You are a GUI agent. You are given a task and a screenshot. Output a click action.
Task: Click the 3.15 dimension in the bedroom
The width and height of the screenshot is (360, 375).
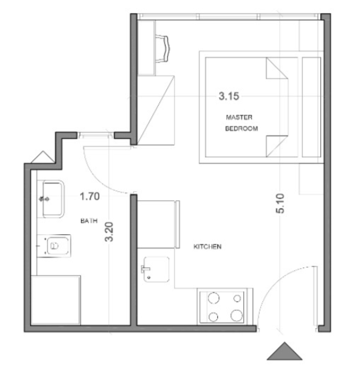coord(229,96)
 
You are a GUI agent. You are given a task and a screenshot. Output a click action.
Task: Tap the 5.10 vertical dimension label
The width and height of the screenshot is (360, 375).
coord(280,203)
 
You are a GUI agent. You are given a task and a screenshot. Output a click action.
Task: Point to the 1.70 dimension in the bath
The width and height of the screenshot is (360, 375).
coord(90,196)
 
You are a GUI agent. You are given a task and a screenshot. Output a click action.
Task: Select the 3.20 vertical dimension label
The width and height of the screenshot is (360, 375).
coord(109,232)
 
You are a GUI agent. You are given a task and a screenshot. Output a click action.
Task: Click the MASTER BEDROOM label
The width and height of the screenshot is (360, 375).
coord(241,123)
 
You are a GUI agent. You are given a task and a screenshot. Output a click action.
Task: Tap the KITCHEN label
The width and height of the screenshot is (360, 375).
coord(207,247)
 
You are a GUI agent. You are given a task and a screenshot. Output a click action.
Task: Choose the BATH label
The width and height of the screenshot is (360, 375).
coord(89,220)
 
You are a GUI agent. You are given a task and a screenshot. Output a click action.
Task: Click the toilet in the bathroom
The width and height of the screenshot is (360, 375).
coord(55,246)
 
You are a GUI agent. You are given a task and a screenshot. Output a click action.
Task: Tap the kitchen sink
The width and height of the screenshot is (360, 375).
coord(157,269)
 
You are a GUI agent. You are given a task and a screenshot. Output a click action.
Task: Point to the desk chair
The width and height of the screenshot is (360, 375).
coord(162,48)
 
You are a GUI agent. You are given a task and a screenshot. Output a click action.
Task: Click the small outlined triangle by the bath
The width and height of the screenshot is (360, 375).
coord(43,158)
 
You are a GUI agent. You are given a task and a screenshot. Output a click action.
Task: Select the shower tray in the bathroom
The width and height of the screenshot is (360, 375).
coord(55,300)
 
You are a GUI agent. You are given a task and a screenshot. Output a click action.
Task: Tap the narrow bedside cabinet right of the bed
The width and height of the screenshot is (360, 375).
coord(311,107)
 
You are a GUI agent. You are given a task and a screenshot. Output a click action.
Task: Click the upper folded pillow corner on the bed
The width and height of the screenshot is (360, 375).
coord(277,68)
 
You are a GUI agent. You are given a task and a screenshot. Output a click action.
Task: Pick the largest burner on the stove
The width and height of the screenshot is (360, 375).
coord(237,316)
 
